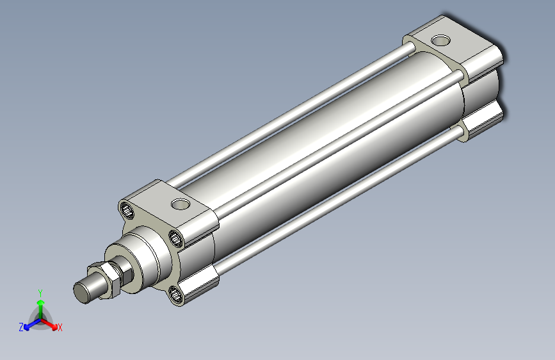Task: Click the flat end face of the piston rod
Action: coord(82,292)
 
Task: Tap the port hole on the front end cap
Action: coord(181,204)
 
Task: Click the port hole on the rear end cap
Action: coord(440,40)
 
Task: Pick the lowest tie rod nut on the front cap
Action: coord(175,295)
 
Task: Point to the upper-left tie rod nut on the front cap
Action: coord(127,211)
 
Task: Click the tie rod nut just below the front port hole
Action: coord(175,238)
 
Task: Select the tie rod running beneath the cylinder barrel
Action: coord(340,201)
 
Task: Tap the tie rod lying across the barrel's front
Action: coord(339,144)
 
